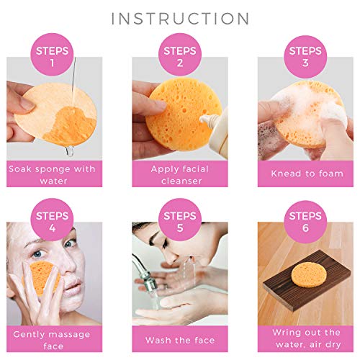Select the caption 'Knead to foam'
[305, 174]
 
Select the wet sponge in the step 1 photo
[54, 115]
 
